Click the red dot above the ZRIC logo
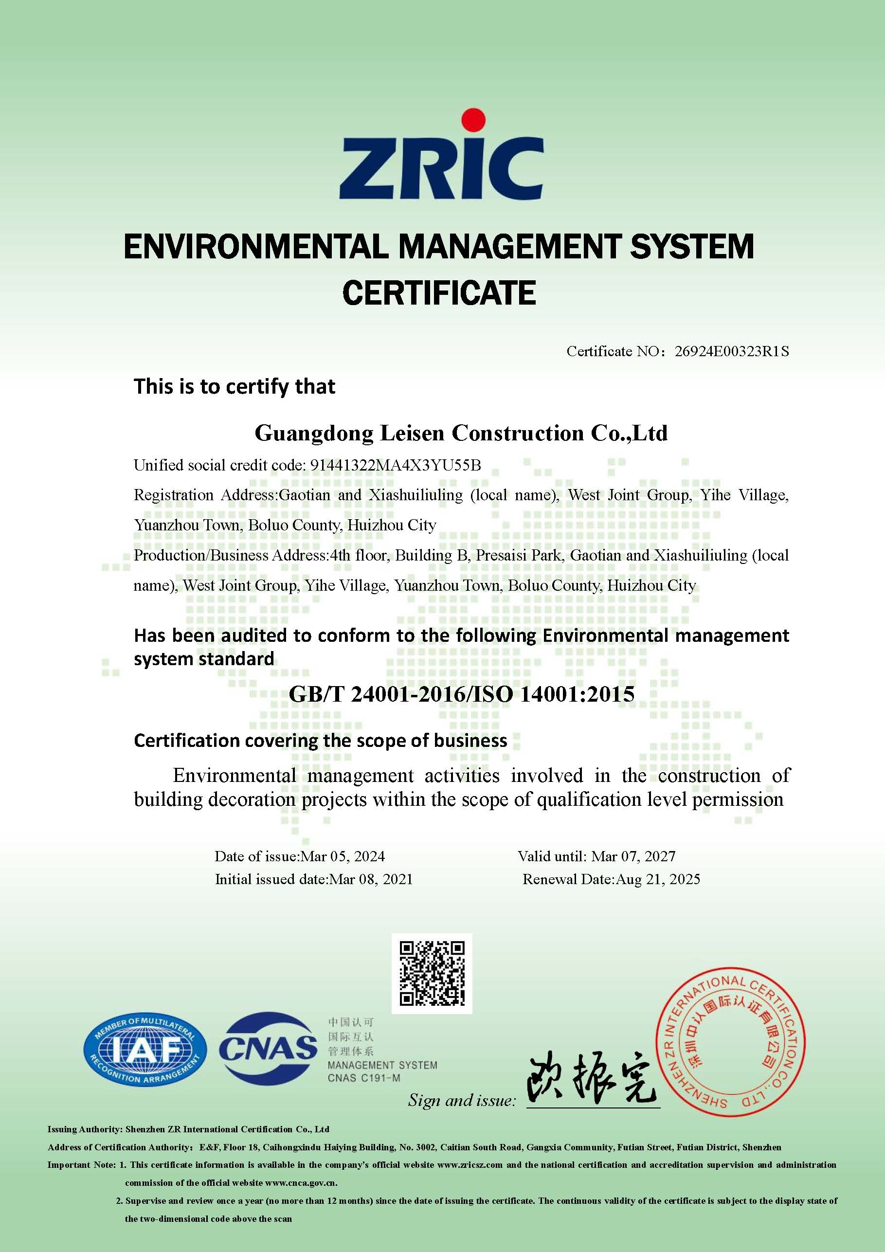(x=473, y=121)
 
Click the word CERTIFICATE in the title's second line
(x=439, y=293)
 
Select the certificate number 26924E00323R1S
(x=731, y=351)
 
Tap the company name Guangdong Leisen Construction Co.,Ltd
(x=461, y=433)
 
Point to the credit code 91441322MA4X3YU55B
(x=396, y=465)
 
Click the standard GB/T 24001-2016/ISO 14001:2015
(x=461, y=694)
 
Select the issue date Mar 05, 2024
(x=343, y=856)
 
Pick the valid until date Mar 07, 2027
(x=633, y=856)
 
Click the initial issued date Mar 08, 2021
(x=371, y=879)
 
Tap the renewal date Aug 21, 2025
(x=658, y=879)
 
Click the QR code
(x=432, y=973)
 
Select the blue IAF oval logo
(x=145, y=1050)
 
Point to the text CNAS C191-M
(x=364, y=1078)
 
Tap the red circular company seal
(x=730, y=1041)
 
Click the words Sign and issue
(x=461, y=1100)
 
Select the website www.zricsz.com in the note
(x=470, y=1165)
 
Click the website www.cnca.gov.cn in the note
(x=301, y=1183)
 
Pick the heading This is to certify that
(x=235, y=387)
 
